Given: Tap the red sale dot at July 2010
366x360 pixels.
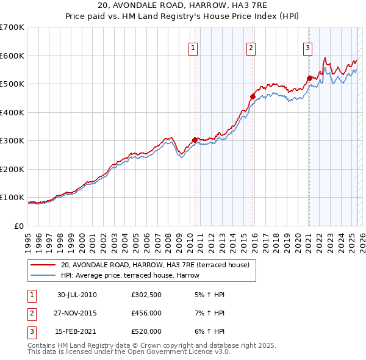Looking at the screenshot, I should point(195,140).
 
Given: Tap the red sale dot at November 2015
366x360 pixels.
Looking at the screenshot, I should point(253,96).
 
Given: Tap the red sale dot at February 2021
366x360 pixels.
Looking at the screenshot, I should point(309,78).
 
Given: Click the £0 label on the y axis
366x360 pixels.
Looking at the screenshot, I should point(18,226).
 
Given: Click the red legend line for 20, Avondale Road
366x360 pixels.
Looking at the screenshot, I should point(44,265).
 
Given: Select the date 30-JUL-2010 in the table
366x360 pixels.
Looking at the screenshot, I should point(77,295).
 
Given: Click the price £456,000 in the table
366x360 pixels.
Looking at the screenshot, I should point(146,313).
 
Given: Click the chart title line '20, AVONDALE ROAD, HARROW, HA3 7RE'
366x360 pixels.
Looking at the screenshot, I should point(183,5).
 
